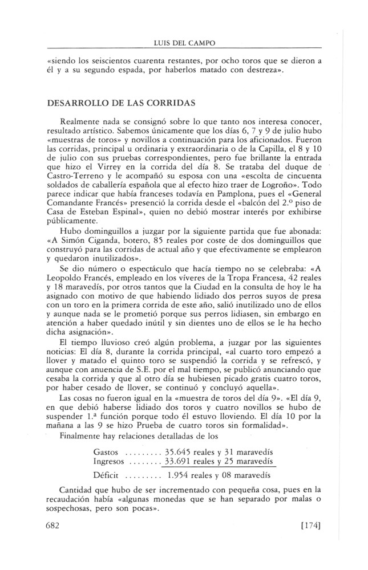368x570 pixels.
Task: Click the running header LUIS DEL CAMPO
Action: [184, 42]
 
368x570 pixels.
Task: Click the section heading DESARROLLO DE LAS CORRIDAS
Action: [118, 103]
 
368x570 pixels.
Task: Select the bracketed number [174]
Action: [308, 527]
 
